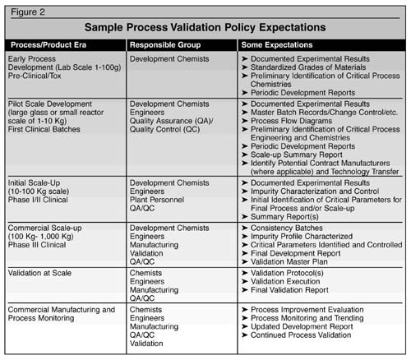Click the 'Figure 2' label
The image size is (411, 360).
(28, 12)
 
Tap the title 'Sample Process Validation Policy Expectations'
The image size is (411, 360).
(205, 27)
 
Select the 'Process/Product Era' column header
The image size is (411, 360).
(48, 45)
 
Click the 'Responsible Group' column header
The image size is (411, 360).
(165, 45)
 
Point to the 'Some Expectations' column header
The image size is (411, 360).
(277, 45)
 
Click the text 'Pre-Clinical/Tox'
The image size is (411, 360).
(35, 76)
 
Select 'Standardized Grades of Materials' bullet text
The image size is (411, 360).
(308, 67)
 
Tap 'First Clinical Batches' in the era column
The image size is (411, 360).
(44, 129)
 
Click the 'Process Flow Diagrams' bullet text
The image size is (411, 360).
(292, 121)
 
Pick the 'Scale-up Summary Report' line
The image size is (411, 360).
(297, 155)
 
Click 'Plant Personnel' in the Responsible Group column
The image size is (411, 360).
(157, 200)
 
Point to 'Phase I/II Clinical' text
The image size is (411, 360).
(38, 200)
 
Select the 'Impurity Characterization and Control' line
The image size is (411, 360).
(315, 192)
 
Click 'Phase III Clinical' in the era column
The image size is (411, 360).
(37, 245)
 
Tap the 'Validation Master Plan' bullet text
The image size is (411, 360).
(289, 261)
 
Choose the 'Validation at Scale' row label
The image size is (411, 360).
(39, 273)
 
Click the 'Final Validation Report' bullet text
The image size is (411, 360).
(289, 290)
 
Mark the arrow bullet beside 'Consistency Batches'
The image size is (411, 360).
(245, 228)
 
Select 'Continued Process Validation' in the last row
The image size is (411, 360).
(301, 335)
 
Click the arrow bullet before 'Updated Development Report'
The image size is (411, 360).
(245, 326)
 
